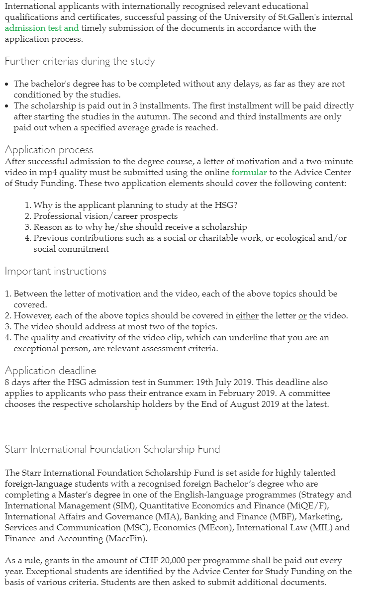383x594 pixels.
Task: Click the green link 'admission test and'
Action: (x=42, y=28)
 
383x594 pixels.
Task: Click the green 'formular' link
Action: (x=249, y=173)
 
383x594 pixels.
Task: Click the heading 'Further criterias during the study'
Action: (x=80, y=62)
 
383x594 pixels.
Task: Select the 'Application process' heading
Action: (x=49, y=150)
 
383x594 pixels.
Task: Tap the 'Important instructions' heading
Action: (x=55, y=271)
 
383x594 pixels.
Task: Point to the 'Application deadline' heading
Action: (x=50, y=371)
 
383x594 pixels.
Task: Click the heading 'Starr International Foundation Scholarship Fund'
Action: (x=112, y=449)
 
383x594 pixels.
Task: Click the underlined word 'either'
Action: (x=247, y=316)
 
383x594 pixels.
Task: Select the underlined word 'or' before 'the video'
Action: (x=302, y=316)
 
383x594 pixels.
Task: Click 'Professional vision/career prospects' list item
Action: (x=105, y=216)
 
